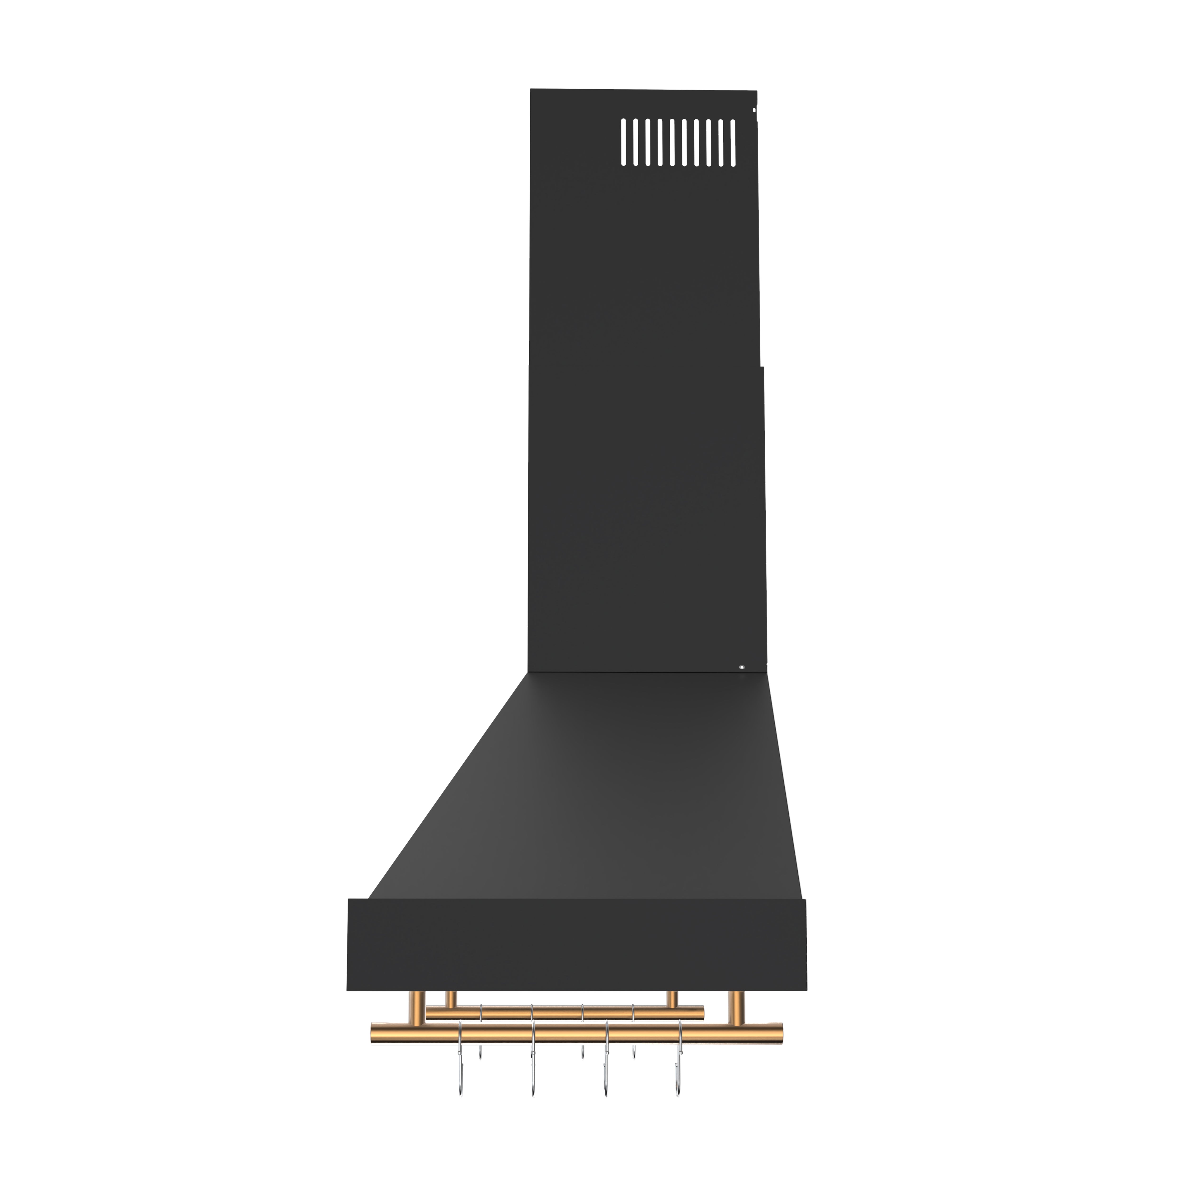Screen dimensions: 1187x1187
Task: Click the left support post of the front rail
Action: [415, 1008]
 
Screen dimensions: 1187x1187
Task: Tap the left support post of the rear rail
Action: [450, 1000]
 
